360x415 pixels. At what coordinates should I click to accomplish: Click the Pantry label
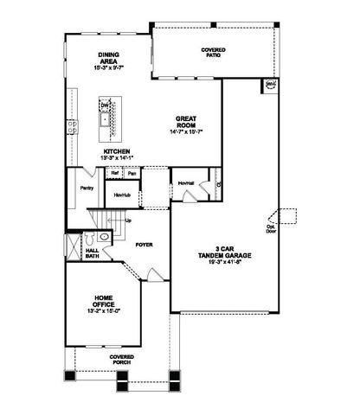(87, 188)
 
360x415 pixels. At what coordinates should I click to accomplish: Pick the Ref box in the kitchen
(114, 173)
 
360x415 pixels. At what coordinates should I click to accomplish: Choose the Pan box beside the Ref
(132, 173)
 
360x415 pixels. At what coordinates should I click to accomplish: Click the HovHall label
(184, 183)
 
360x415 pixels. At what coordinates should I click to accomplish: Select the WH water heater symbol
(270, 85)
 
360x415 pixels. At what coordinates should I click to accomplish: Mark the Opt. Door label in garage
(271, 229)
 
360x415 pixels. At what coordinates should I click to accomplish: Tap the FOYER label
(144, 245)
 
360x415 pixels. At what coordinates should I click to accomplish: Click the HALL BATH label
(92, 253)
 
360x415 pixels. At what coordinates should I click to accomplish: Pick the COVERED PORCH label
(121, 359)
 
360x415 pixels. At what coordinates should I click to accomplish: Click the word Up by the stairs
(129, 220)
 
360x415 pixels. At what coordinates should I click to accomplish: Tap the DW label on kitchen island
(105, 105)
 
